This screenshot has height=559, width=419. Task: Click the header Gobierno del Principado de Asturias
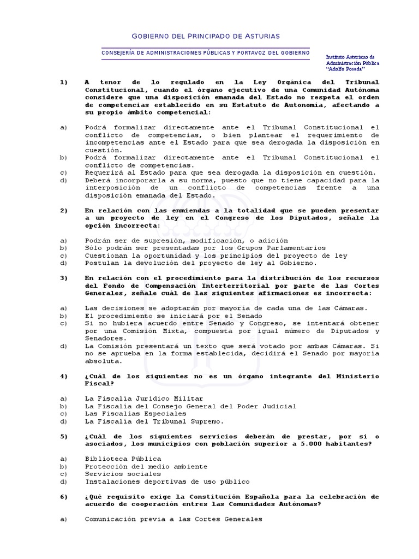pos(206,36)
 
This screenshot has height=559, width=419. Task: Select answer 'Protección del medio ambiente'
pos(146,466)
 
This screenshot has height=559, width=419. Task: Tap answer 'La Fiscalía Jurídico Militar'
pos(143,399)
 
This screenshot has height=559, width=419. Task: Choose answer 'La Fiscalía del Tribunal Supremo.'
pos(154,421)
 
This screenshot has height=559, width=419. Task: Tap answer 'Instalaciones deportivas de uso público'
pos(167,481)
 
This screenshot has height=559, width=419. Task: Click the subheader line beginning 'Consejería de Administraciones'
pos(206,52)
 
